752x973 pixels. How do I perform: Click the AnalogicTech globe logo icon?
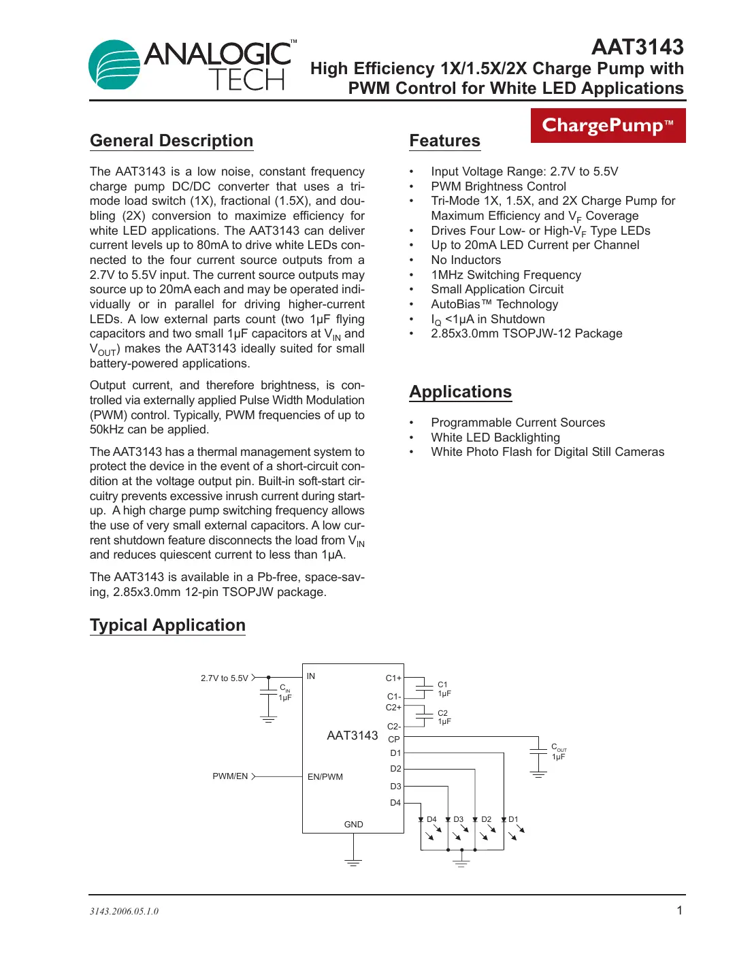(x=114, y=65)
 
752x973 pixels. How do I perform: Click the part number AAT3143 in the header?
(x=637, y=47)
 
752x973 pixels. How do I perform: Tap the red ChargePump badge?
(x=608, y=126)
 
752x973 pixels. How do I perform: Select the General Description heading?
(x=171, y=141)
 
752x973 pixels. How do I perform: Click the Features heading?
(x=444, y=141)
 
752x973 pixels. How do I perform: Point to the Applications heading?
(x=460, y=392)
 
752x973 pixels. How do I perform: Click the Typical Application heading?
(x=167, y=625)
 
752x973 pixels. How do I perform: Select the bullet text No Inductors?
(x=465, y=260)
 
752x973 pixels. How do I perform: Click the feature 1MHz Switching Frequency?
(x=506, y=275)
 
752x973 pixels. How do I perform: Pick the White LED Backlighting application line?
(x=495, y=438)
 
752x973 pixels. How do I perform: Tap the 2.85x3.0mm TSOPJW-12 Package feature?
(x=526, y=333)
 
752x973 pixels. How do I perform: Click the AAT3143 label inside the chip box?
(x=352, y=736)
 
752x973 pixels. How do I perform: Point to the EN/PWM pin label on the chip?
(x=325, y=777)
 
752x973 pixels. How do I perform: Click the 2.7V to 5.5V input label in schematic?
(x=224, y=678)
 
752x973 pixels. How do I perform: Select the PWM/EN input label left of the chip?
(x=230, y=776)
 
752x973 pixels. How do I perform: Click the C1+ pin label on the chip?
(x=393, y=678)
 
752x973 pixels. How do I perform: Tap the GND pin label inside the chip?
(x=353, y=825)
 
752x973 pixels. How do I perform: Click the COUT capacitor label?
(x=558, y=748)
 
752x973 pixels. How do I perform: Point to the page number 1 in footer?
(x=679, y=910)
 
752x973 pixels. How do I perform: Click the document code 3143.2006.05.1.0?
(x=124, y=912)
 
